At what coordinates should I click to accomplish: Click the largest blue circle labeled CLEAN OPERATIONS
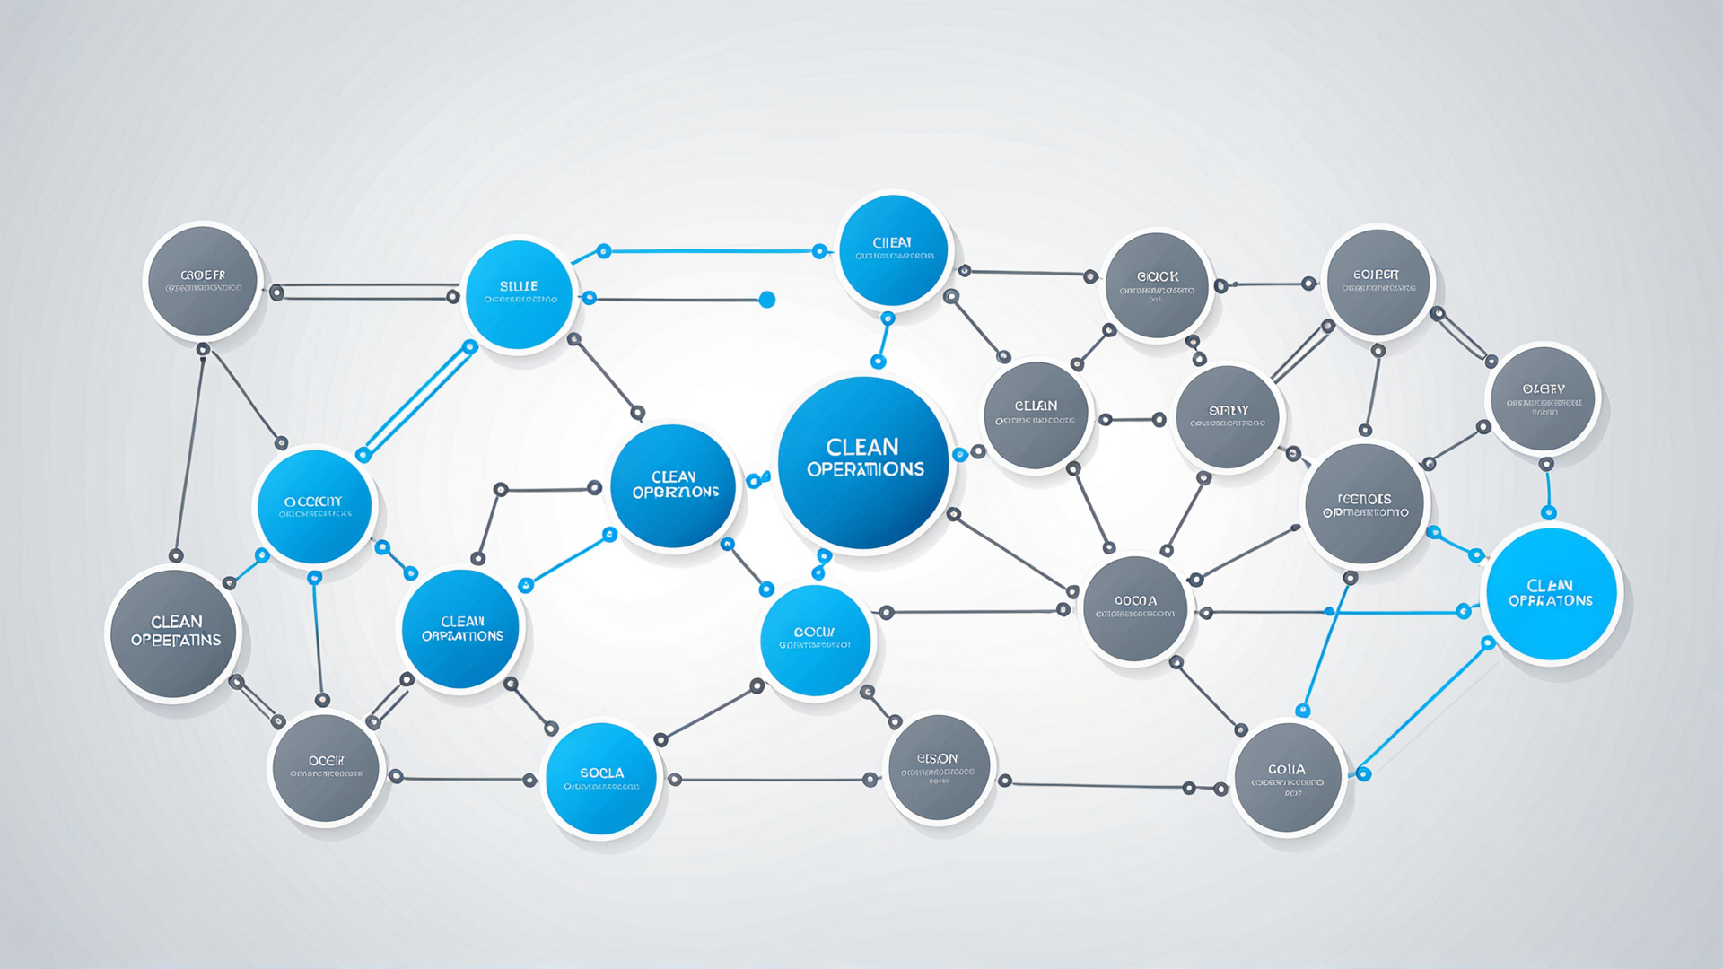[862, 461]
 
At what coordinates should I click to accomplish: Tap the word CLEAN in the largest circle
[862, 447]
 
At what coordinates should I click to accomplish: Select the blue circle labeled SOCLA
[600, 779]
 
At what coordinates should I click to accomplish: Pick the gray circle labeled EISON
[939, 768]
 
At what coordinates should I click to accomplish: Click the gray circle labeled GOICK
[1157, 284]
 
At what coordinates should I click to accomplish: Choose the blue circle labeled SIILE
[519, 294]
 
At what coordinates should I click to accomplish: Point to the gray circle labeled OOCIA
[1135, 608]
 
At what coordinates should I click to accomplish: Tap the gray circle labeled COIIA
[1288, 778]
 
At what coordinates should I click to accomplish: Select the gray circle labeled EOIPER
[1377, 282]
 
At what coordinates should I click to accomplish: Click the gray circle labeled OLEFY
[1544, 398]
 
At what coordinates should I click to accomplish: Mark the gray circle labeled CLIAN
[1036, 415]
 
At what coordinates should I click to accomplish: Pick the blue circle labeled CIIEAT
[892, 250]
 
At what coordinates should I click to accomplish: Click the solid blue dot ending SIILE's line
[767, 300]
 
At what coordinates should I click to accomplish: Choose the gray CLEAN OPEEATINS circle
[175, 633]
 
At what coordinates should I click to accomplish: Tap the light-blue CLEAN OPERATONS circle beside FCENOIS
[1551, 594]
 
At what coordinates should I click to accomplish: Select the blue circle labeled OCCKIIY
[314, 508]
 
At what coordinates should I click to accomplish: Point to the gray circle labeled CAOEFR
[204, 281]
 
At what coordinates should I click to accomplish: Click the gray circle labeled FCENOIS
[1364, 505]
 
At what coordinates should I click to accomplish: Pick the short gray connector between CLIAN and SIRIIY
[1133, 419]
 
